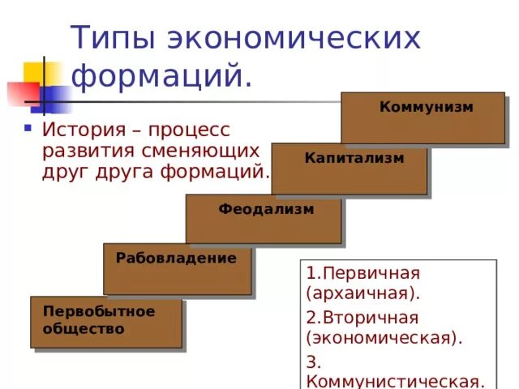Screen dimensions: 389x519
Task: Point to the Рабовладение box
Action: click(x=177, y=269)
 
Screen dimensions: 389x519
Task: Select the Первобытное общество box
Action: click(x=106, y=322)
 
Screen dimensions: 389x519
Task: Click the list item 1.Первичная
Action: click(x=362, y=273)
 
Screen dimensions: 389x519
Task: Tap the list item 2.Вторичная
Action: click(x=362, y=316)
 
